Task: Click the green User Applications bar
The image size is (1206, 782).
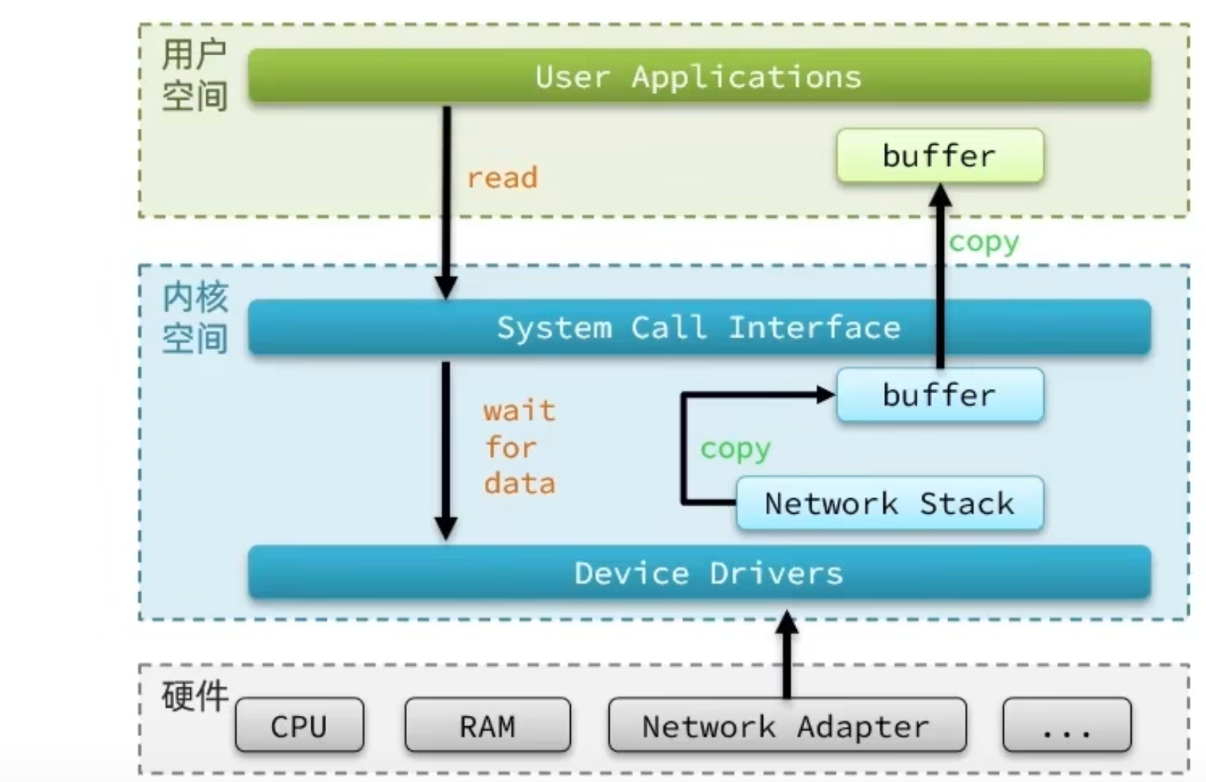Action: click(698, 76)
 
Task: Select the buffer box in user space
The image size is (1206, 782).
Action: click(939, 156)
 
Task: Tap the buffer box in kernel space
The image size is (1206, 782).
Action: click(939, 395)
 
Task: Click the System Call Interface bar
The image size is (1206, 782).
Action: click(698, 328)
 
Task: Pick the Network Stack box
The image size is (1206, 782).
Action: click(889, 503)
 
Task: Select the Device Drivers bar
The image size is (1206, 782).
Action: click(698, 573)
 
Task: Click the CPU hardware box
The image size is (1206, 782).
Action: click(299, 726)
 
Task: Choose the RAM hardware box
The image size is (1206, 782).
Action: click(487, 726)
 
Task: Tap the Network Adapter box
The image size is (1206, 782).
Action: click(787, 726)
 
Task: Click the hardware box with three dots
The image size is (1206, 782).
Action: click(1066, 726)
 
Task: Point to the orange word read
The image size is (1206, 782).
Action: click(502, 178)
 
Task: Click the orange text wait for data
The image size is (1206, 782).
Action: click(519, 447)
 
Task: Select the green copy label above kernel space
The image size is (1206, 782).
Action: click(983, 242)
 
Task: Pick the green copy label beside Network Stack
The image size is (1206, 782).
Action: click(735, 448)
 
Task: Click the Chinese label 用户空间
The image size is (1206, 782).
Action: click(194, 76)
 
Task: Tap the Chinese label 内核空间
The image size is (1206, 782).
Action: click(195, 318)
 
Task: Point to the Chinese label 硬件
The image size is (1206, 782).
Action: click(195, 695)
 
